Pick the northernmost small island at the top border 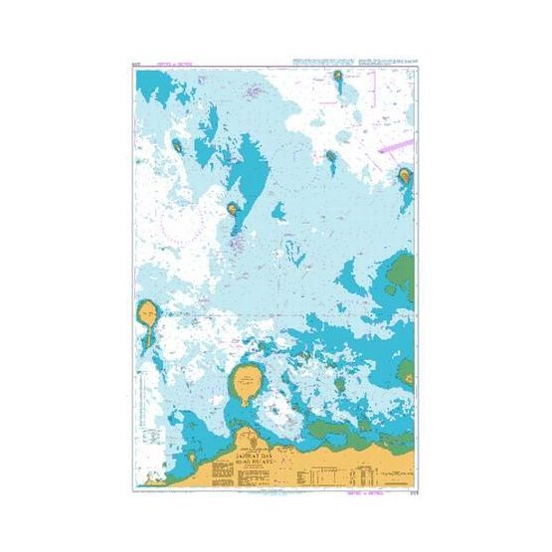[338, 75]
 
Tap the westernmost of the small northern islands [178, 145]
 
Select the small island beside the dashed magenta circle [232, 210]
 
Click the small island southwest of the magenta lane [331, 155]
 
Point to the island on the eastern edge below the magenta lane [405, 177]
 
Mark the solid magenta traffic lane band [395, 146]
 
